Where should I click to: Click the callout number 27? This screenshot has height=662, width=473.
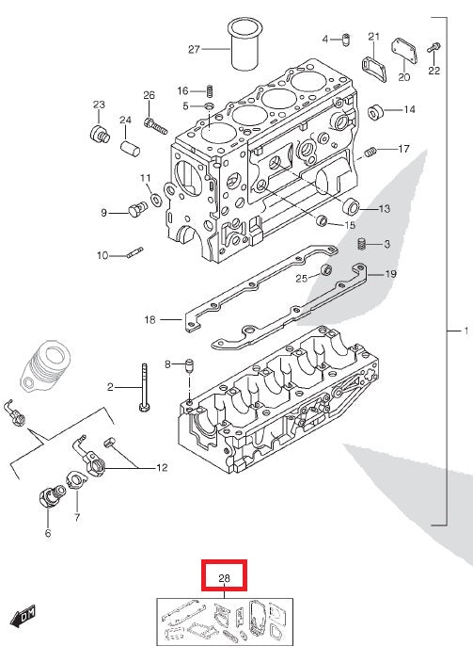click(195, 49)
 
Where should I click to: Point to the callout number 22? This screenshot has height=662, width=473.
click(434, 70)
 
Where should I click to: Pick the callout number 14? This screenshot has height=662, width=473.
click(409, 110)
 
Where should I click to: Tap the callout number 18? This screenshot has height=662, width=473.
click(149, 320)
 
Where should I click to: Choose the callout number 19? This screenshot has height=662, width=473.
click(391, 274)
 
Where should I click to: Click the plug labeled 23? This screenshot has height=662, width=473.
click(99, 129)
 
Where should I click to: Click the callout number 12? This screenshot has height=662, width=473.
click(161, 467)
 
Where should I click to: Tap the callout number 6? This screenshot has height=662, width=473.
click(48, 533)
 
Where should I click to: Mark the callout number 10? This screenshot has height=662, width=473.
click(102, 254)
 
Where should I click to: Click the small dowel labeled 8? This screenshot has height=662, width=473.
click(189, 365)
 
